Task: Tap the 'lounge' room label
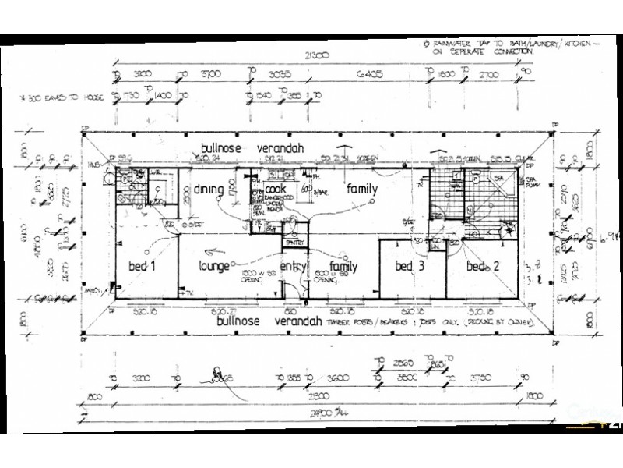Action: tap(213, 267)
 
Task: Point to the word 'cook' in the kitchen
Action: tap(277, 188)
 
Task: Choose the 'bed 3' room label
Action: tap(409, 267)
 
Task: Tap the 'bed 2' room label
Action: tap(480, 267)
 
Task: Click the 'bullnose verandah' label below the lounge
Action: tap(262, 321)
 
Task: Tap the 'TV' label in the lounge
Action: tap(190, 294)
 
